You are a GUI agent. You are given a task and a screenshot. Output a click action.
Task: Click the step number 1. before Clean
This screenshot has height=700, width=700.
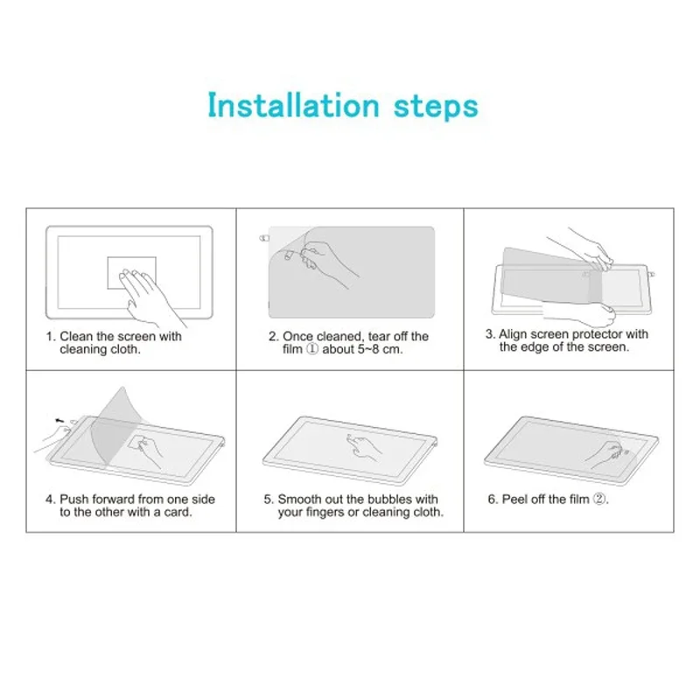[x=51, y=336]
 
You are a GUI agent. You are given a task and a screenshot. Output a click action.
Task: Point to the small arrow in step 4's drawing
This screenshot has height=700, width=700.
[x=59, y=420]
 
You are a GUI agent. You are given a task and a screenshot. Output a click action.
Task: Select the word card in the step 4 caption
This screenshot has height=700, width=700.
[x=176, y=512]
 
